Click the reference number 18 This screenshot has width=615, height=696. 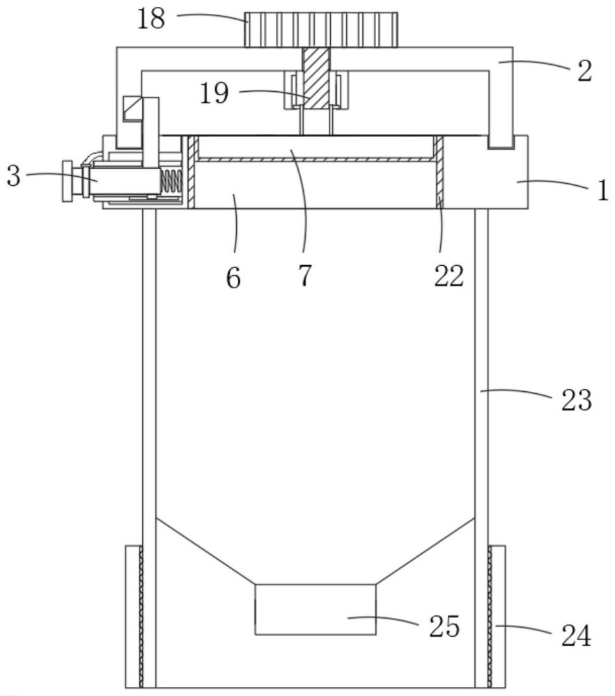point(151,19)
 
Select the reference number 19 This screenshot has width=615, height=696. point(215,93)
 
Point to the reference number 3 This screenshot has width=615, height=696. point(14,176)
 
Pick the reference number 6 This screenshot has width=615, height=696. point(233,278)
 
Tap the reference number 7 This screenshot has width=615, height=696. point(304,276)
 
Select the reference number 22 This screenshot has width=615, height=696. point(449,276)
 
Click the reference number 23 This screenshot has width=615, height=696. point(575,400)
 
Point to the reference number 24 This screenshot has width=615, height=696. point(575,635)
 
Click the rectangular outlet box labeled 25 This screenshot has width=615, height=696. point(316,609)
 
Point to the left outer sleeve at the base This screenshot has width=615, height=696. point(133,616)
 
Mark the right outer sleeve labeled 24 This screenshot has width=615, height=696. point(497,616)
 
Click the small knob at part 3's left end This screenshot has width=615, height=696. point(68,181)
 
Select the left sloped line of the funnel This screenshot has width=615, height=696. point(205,550)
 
